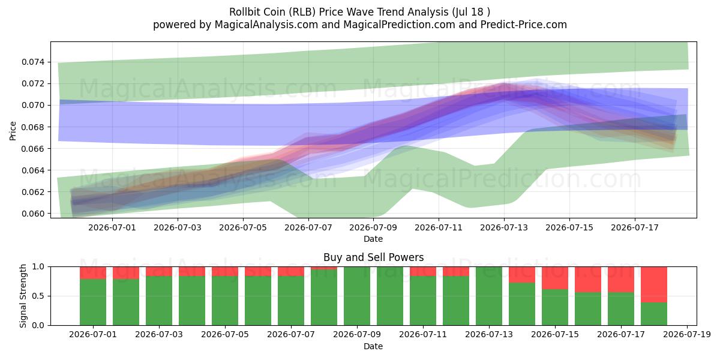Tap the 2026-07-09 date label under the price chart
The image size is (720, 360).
click(x=373, y=227)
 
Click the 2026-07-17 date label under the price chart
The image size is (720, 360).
click(x=635, y=227)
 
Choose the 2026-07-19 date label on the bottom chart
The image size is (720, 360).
click(x=687, y=334)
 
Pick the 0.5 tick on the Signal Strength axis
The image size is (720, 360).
click(x=38, y=296)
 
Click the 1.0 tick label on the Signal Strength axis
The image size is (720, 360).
click(x=38, y=267)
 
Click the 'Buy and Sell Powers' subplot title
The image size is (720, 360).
click(x=373, y=257)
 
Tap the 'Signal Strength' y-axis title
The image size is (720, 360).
click(x=23, y=296)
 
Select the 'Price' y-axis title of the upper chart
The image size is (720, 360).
click(x=13, y=131)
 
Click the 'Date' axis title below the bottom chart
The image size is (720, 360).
click(x=373, y=346)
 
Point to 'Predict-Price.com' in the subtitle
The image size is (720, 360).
click(x=524, y=25)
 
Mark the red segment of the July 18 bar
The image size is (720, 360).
click(x=654, y=284)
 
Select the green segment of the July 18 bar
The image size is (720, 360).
click(x=654, y=314)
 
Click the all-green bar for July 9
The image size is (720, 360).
click(x=357, y=296)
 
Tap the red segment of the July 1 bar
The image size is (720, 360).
click(x=93, y=273)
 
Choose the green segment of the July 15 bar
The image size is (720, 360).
click(x=555, y=307)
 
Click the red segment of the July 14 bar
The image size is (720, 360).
click(x=522, y=275)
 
